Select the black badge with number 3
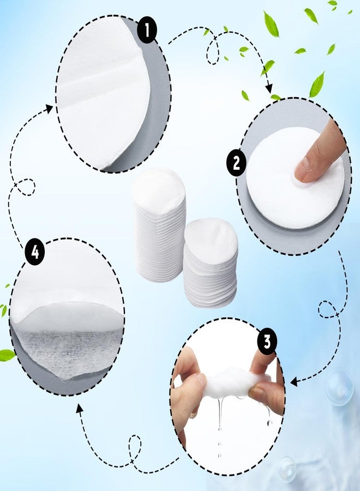(267, 342)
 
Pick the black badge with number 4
(34, 253)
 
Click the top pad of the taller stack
(159, 188)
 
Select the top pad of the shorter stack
(211, 237)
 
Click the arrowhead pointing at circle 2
(269, 89)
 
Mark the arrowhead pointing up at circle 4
(80, 408)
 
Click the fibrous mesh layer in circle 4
(60, 350)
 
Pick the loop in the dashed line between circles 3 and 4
(133, 445)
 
